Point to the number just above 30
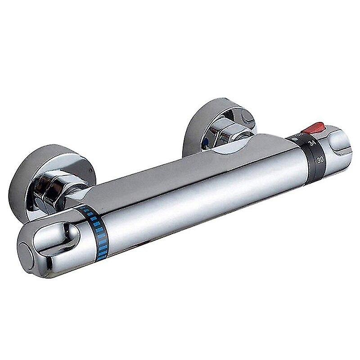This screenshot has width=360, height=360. pyautogui.click(x=311, y=144)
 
